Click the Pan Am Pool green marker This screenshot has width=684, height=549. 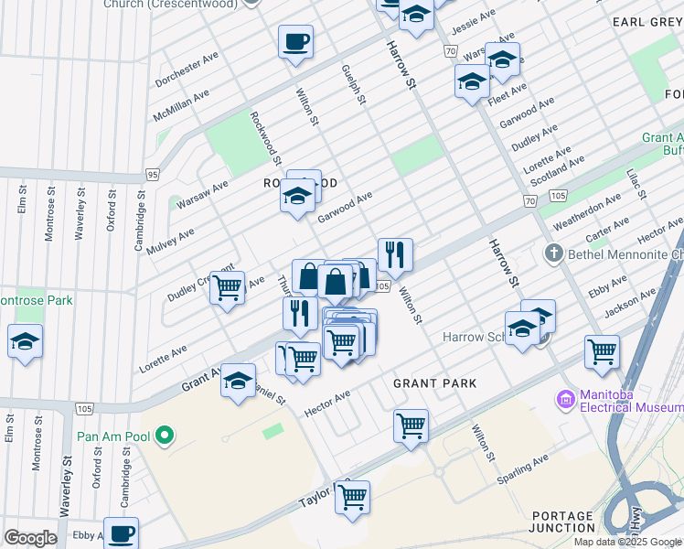[x=165, y=436]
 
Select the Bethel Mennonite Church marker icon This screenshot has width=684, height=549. [x=553, y=253]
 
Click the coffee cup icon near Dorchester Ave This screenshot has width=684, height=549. [x=295, y=43]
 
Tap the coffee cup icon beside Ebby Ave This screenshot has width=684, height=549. [x=121, y=534]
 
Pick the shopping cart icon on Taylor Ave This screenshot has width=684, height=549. [x=352, y=498]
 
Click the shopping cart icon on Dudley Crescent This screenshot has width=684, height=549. [x=227, y=288]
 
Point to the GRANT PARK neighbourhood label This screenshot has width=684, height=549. [x=434, y=383]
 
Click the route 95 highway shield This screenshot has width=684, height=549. [x=152, y=174]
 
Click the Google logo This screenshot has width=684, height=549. [x=30, y=538]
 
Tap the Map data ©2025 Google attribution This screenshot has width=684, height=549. [x=626, y=542]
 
